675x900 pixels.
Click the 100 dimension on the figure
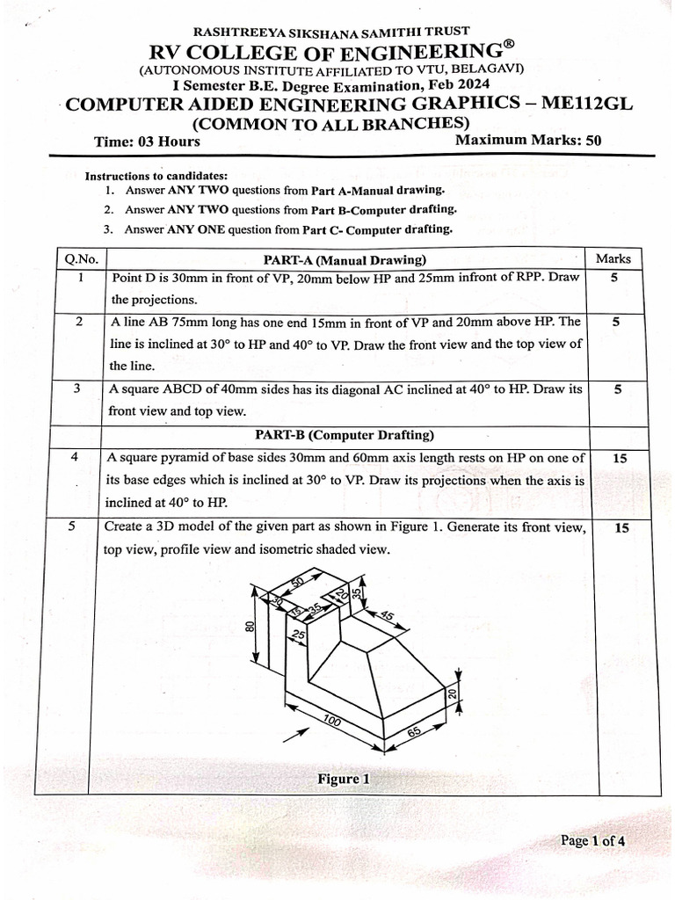(331, 722)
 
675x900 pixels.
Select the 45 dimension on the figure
(387, 616)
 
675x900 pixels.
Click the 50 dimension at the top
(297, 582)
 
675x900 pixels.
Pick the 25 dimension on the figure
(298, 635)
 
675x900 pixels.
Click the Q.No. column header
(80, 258)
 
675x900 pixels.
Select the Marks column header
(613, 258)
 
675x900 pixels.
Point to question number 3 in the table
(79, 388)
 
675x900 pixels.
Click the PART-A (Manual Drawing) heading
(345, 259)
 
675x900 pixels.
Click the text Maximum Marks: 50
(528, 140)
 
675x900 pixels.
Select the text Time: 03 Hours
(147, 142)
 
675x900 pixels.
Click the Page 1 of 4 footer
(593, 841)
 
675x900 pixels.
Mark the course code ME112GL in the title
(587, 104)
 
